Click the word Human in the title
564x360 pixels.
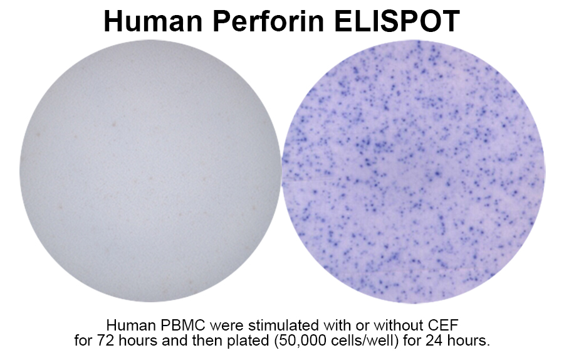(154, 21)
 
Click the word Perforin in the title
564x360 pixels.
(269, 21)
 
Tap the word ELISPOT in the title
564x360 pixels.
(397, 21)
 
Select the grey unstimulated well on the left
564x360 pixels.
(150, 171)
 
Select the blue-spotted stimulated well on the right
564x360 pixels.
(414, 171)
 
